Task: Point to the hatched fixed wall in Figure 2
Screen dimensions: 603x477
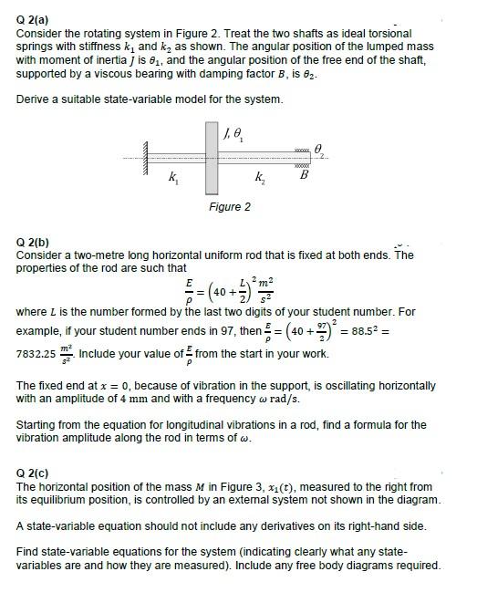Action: [144, 161]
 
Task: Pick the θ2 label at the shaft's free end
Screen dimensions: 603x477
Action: [320, 149]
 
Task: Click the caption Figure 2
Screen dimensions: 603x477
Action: [230, 207]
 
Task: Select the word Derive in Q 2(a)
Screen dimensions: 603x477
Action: [33, 99]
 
